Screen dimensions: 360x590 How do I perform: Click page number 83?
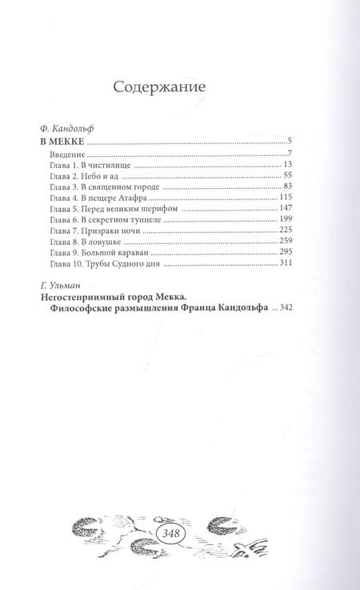289,186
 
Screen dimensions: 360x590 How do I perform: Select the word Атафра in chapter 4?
144,197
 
